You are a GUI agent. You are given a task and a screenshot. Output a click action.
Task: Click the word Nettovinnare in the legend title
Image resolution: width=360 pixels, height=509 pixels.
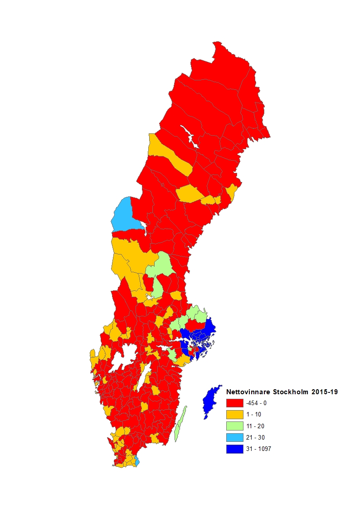coord(248,391)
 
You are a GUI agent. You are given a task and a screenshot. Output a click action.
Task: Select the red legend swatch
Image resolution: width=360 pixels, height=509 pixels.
coord(234,403)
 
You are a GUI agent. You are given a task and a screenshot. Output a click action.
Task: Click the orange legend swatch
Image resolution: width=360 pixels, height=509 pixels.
coord(234,414)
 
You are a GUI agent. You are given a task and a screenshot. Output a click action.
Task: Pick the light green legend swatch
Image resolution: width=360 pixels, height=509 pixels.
coord(234,426)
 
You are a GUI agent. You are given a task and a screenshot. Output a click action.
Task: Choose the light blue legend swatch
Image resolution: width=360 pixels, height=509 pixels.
coord(234,437)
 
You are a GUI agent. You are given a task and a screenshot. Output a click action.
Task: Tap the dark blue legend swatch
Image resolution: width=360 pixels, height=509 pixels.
coord(234,449)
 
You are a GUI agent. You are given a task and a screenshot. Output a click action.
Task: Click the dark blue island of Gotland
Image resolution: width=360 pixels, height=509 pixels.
coord(210,401)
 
